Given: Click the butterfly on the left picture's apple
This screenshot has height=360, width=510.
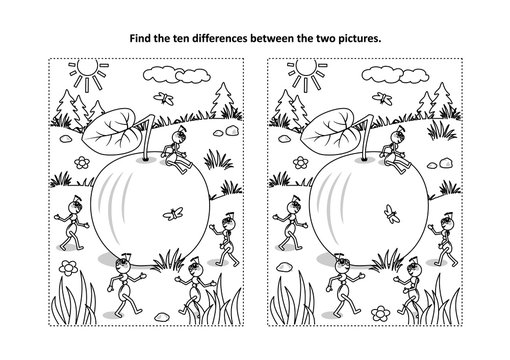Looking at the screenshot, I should click(x=181, y=213).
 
